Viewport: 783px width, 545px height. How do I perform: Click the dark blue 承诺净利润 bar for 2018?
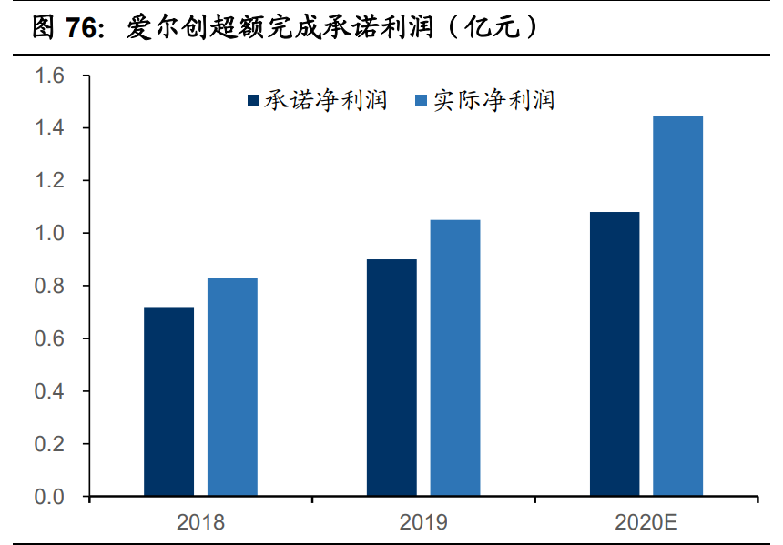click(x=168, y=401)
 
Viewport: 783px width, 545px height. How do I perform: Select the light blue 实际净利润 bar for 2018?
click(x=232, y=387)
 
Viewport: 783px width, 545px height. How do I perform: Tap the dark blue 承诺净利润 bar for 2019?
click(x=391, y=378)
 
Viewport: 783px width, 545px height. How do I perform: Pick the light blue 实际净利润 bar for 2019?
click(x=455, y=358)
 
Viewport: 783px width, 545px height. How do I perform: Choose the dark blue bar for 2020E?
click(x=615, y=354)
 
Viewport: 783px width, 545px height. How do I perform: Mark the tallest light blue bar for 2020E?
click(x=678, y=306)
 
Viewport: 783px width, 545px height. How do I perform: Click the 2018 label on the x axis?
click(x=200, y=522)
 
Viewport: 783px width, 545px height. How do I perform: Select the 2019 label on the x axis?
click(x=423, y=522)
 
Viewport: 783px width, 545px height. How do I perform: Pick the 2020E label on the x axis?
click(x=646, y=522)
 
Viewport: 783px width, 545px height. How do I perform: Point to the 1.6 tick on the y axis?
click(x=50, y=76)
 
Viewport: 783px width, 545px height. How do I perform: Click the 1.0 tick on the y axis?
click(x=50, y=234)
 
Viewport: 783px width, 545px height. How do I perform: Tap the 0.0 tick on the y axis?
click(x=50, y=497)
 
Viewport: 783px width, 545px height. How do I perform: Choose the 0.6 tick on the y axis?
click(x=50, y=338)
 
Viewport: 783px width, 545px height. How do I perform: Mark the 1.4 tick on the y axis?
click(x=50, y=128)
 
